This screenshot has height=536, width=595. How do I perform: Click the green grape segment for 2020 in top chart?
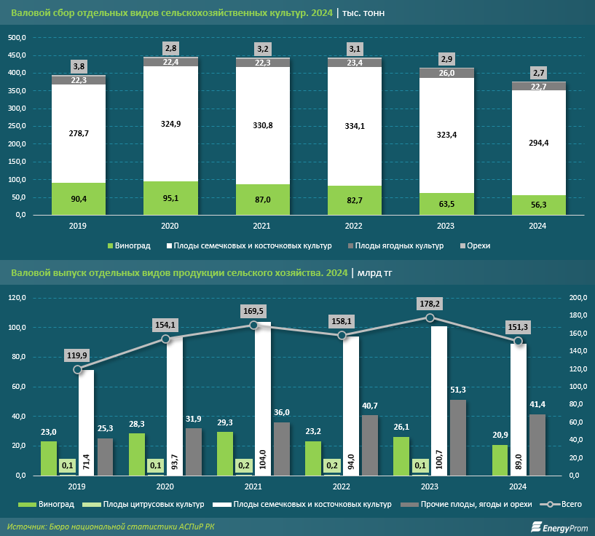click(x=170, y=198)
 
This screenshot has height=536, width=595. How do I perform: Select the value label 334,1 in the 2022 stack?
click(x=355, y=126)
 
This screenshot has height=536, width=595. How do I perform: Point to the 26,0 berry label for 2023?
click(x=446, y=73)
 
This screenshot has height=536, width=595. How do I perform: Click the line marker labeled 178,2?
click(x=430, y=318)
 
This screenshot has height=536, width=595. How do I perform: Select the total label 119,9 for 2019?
click(x=79, y=355)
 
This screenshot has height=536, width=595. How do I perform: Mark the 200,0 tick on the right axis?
click(x=576, y=298)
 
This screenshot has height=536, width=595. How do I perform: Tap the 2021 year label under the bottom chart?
click(x=253, y=486)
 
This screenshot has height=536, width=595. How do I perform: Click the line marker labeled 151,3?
click(x=518, y=341)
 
